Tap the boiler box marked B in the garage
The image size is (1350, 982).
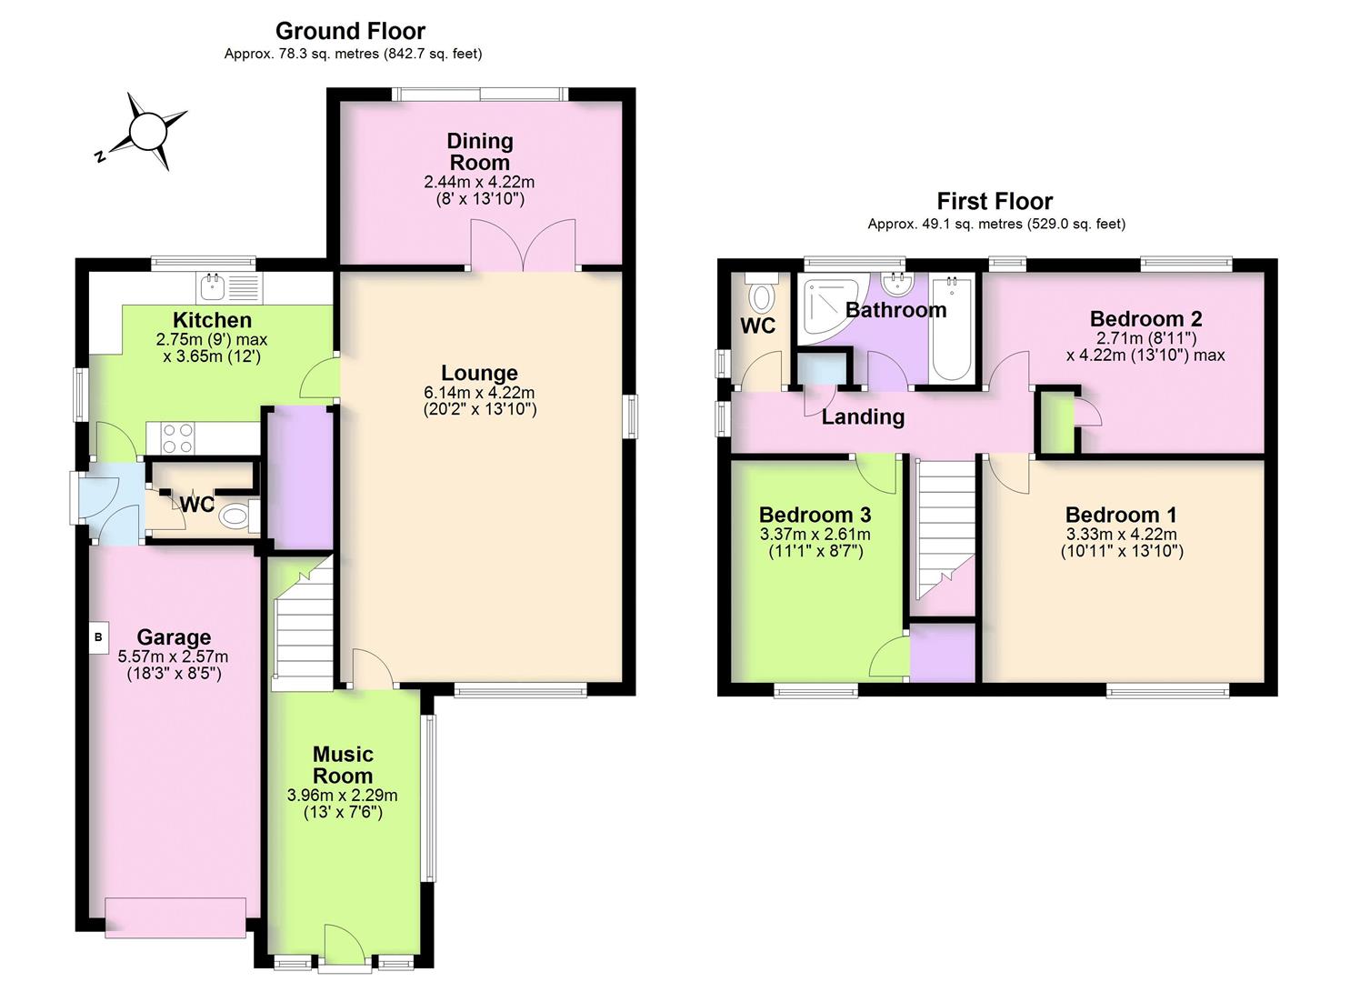98,637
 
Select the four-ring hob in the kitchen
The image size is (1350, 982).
176,439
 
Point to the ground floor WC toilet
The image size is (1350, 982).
235,517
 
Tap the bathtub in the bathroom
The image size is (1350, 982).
952,329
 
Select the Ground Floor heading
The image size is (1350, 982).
350,31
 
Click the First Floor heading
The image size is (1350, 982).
995,201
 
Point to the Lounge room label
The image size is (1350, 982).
479,373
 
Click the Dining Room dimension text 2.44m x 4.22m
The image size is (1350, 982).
479,182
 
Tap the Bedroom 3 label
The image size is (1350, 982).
815,515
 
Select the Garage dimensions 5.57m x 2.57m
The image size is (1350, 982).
173,656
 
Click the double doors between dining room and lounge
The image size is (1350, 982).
524,245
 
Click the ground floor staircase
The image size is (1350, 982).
304,627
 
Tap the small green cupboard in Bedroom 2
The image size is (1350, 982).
1056,423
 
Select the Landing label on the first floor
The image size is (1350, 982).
863,417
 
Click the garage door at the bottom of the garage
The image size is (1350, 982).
175,917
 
